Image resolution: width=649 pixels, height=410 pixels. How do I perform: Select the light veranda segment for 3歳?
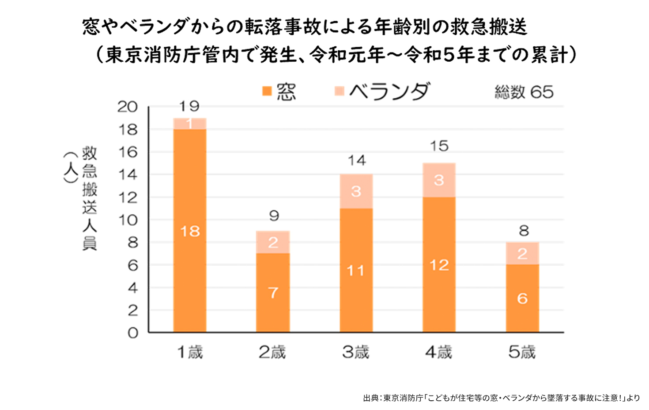pos(356,191)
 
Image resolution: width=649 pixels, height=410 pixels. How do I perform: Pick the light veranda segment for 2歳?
pos(273,242)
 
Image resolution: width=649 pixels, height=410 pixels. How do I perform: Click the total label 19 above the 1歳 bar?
pos(189,106)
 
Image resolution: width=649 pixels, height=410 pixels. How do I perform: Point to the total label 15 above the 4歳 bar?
pos(439,146)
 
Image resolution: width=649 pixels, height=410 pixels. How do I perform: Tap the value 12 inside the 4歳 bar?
pos(439,265)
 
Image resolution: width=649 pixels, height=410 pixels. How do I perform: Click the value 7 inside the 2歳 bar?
pos(273,293)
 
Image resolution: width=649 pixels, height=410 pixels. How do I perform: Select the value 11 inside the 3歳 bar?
pos(356,270)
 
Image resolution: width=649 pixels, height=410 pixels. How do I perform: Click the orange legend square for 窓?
pos(267,91)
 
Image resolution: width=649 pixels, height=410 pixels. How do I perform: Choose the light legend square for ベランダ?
pos(339,91)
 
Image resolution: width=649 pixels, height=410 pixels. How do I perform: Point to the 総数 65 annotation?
pos(524,92)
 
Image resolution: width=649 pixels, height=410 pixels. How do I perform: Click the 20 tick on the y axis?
pos(127,107)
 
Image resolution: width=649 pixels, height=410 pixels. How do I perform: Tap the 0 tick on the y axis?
pos(132,333)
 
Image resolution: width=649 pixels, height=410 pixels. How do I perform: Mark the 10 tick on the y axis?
pos(127,220)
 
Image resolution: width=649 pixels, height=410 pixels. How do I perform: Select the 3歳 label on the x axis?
pos(356,352)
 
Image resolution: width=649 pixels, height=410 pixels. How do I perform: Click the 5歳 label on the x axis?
pos(522,352)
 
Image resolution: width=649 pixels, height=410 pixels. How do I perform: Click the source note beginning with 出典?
pos(501,398)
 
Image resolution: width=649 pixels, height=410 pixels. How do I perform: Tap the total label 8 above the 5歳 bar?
pos(523,231)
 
